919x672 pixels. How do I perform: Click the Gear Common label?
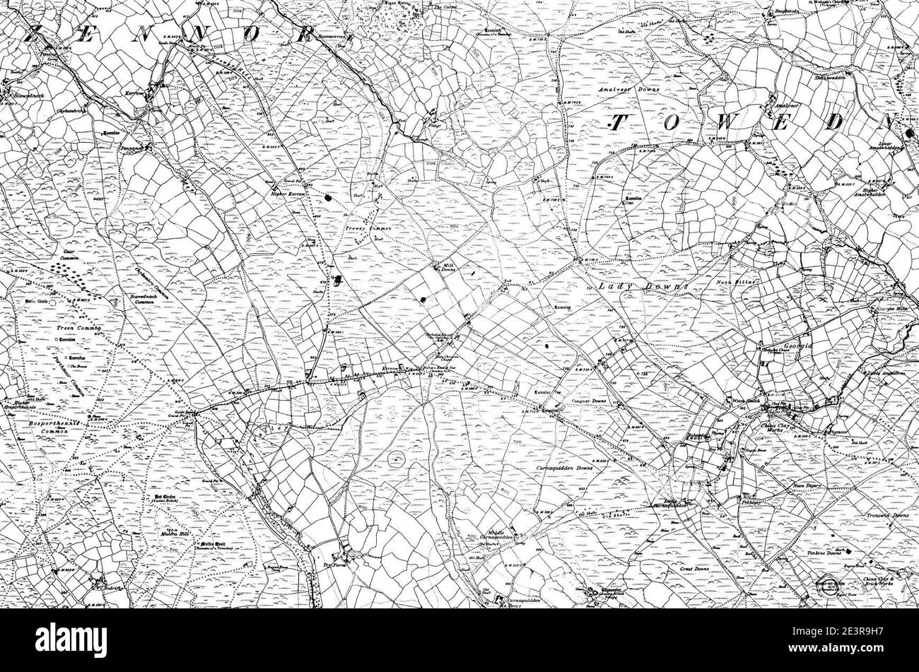click(69, 255)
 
